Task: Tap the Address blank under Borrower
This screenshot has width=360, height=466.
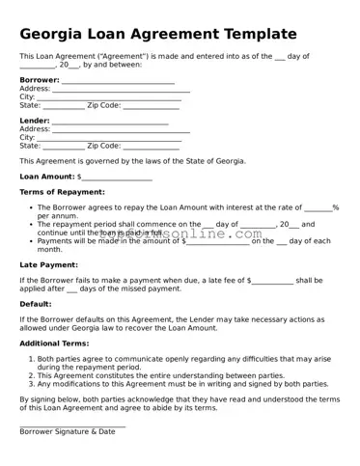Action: pyautogui.click(x=120, y=90)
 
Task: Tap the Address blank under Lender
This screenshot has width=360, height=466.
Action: pyautogui.click(x=120, y=130)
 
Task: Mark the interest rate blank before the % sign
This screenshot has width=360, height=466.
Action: pyautogui.click(x=318, y=209)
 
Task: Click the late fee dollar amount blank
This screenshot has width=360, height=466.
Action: pyautogui.click(x=272, y=281)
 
